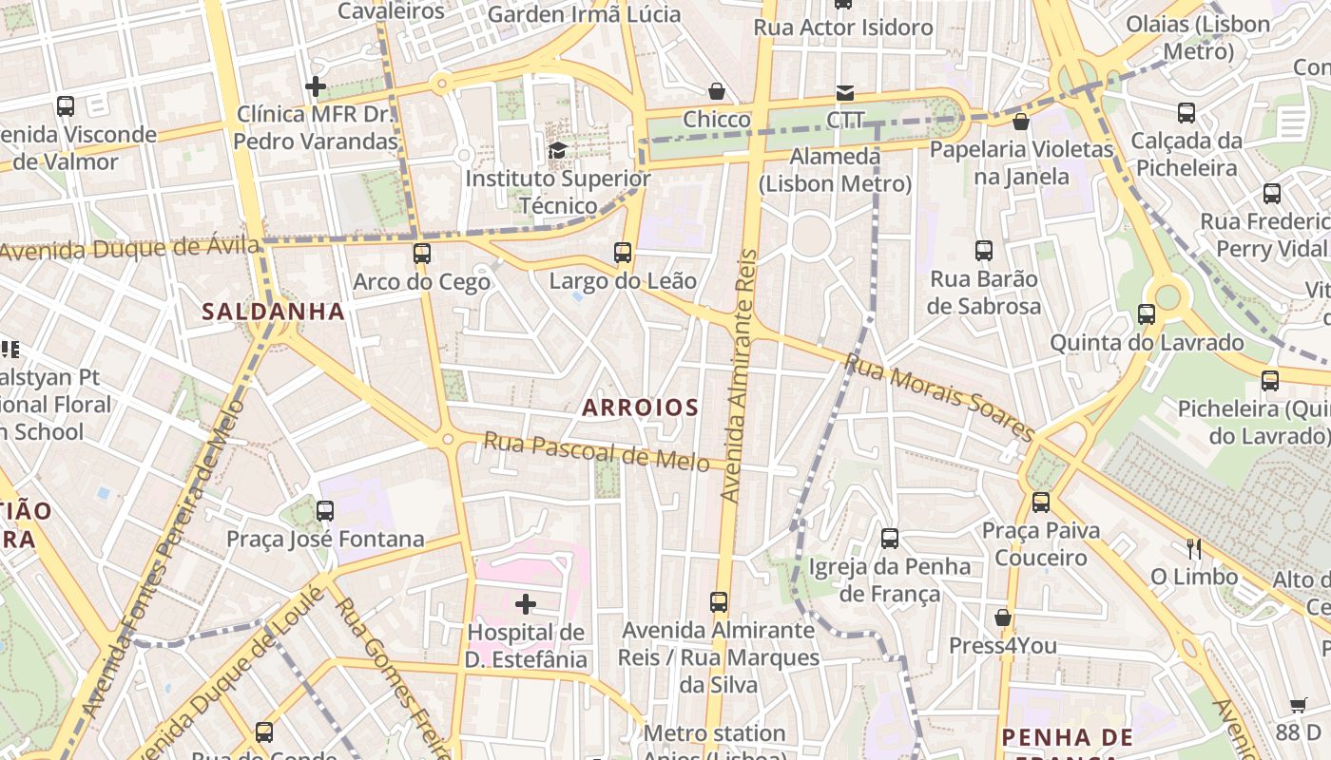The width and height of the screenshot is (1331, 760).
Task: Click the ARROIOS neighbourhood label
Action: (x=640, y=408)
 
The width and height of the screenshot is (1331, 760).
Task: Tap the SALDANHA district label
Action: (x=273, y=312)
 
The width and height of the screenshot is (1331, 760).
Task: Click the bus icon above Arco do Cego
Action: (x=422, y=254)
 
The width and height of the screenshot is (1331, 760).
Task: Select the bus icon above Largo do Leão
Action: (x=623, y=253)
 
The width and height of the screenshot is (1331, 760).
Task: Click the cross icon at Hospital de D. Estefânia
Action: (x=526, y=603)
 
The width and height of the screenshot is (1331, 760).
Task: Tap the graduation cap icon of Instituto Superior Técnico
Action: (x=558, y=150)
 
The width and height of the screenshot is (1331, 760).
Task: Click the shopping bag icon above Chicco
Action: (x=717, y=91)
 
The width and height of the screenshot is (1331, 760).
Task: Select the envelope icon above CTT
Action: (x=845, y=92)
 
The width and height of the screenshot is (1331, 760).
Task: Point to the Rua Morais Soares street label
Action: (x=938, y=398)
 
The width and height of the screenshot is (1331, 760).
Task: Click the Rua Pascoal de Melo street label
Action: (x=596, y=451)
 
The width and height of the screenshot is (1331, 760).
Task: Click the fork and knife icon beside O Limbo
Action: (x=1194, y=548)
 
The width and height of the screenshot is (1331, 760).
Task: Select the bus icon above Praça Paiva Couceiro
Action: (x=1041, y=502)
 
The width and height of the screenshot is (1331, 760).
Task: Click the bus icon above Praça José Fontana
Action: (x=325, y=510)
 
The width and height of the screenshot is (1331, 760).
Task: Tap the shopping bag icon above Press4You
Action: (x=1002, y=617)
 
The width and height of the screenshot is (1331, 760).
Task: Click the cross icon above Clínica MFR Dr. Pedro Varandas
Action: (x=316, y=86)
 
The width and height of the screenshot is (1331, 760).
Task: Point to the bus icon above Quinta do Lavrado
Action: (x=1147, y=313)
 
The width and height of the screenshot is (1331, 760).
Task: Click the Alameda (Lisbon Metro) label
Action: (x=836, y=169)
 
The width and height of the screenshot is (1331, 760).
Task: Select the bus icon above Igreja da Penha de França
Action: (x=890, y=538)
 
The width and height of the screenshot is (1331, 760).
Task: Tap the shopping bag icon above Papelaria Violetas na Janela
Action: (x=1021, y=122)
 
